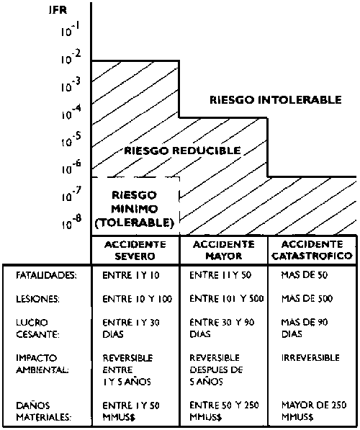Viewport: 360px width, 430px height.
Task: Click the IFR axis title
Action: [58, 10]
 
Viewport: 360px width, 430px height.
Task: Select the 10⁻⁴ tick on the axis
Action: [71, 112]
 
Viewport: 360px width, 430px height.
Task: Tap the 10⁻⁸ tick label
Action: [71, 222]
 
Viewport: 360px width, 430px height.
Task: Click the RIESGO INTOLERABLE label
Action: [276, 100]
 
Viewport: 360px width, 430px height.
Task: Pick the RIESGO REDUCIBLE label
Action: [182, 151]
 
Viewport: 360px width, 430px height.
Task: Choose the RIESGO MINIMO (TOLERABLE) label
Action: [135, 209]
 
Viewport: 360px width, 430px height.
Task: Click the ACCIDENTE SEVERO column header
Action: [135, 250]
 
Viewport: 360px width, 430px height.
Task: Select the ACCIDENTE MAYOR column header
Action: [223, 250]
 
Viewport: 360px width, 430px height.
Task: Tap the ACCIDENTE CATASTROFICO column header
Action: [312, 250]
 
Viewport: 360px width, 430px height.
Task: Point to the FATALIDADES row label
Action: [46, 275]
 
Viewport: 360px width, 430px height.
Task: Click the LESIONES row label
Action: [37, 299]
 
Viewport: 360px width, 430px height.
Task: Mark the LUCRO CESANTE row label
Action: [37, 328]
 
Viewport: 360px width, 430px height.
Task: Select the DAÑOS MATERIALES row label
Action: [43, 411]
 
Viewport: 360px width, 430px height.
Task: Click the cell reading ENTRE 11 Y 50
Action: [220, 275]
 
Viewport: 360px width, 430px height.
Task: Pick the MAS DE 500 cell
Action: [307, 299]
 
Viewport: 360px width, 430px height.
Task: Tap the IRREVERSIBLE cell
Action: [310, 358]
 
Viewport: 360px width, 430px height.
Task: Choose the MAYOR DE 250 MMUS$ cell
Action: [314, 411]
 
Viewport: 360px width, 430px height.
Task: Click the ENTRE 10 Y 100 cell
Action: [138, 299]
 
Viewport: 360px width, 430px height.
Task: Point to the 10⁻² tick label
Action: [71, 57]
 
